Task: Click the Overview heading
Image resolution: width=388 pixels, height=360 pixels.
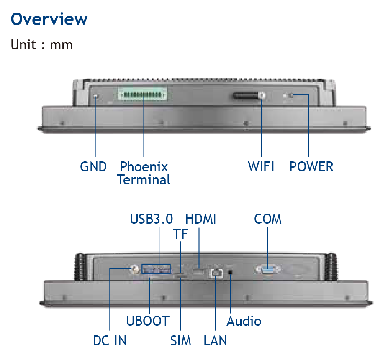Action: (49, 19)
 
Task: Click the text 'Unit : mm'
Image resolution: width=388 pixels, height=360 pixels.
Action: (41, 45)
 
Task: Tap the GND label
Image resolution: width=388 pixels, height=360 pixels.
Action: (93, 166)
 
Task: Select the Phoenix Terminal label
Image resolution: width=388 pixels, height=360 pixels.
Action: (144, 173)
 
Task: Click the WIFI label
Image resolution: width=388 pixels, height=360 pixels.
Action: (261, 166)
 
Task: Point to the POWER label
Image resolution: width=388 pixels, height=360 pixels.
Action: (311, 166)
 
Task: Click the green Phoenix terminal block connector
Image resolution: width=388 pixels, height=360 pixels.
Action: (143, 94)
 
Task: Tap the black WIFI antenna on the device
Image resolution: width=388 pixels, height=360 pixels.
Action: (249, 95)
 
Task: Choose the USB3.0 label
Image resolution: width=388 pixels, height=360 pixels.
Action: (151, 219)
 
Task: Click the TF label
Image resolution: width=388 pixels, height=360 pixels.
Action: (181, 235)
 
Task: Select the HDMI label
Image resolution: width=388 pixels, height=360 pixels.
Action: (200, 219)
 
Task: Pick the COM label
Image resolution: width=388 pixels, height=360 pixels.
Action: (268, 219)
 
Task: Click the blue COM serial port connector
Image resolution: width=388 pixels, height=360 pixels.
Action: (268, 269)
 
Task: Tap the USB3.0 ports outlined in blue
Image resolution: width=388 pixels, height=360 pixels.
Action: (156, 269)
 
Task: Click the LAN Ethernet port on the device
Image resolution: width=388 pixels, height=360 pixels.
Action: (216, 273)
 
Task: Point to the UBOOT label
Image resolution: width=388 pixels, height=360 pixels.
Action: (148, 321)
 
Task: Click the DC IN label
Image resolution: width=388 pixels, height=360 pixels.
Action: (110, 340)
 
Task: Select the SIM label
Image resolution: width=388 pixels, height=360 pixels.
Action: (181, 340)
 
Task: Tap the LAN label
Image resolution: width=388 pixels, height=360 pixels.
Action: (215, 340)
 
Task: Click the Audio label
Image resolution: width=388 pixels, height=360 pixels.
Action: (244, 321)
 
